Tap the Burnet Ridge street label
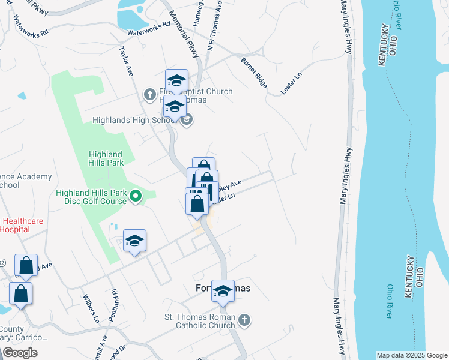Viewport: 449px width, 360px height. pos(253,72)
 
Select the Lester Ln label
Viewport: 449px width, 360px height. pos(293,83)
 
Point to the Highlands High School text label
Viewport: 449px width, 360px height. pos(132,120)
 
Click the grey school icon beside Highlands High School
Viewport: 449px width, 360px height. pos(186,120)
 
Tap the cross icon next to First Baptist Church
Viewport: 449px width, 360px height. pos(149,94)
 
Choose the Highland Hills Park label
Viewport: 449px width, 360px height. pos(106,158)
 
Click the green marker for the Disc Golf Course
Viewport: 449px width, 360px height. pos(136,195)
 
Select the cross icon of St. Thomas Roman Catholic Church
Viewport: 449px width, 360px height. pos(244,320)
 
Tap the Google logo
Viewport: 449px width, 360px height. pos(20,353)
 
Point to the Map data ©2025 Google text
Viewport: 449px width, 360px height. pos(412,355)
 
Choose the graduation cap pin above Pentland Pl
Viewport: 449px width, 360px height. pos(134,241)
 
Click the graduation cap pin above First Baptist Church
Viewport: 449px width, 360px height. pos(176,80)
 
